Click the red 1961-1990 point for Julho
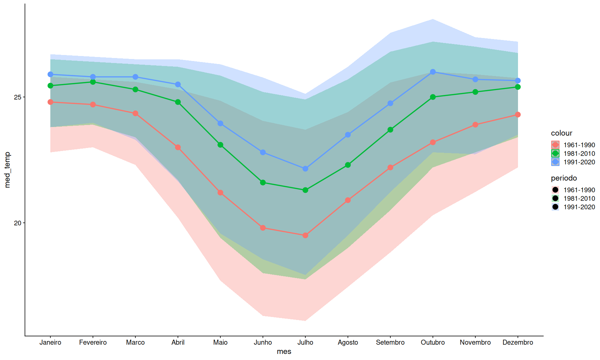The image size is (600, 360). pos(305,235)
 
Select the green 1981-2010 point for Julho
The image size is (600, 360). pos(305,190)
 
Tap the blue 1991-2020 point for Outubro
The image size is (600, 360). pos(433,72)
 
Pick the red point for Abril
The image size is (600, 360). pos(178,147)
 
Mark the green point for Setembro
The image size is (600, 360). pos(390,130)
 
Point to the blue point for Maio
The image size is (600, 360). pos(220,123)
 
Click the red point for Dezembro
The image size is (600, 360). pos(518,115)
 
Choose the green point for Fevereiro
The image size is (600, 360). pos(93,82)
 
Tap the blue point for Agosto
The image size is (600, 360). pos(348,135)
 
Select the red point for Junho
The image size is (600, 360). pos(263,228)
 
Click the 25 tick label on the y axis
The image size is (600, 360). pos(17,97)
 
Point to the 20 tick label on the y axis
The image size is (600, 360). pos(17,223)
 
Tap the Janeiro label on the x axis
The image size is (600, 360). pos(50,342)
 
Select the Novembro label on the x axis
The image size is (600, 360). pos(475,342)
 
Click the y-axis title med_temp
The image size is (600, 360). pos(7,170)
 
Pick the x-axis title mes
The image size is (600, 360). pos(284,352)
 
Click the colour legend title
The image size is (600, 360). pos(561,133)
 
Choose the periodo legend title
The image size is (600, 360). pos(564,178)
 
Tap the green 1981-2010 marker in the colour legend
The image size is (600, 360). pos(555,153)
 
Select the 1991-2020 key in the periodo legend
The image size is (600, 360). pos(555,207)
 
